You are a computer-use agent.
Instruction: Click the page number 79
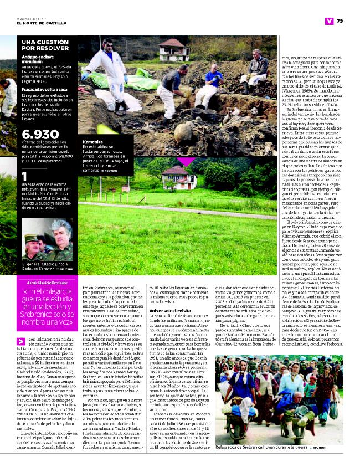tap(340, 21)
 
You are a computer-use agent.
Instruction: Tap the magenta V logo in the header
tap(328, 21)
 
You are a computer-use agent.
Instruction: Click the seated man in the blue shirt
tap(213, 80)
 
